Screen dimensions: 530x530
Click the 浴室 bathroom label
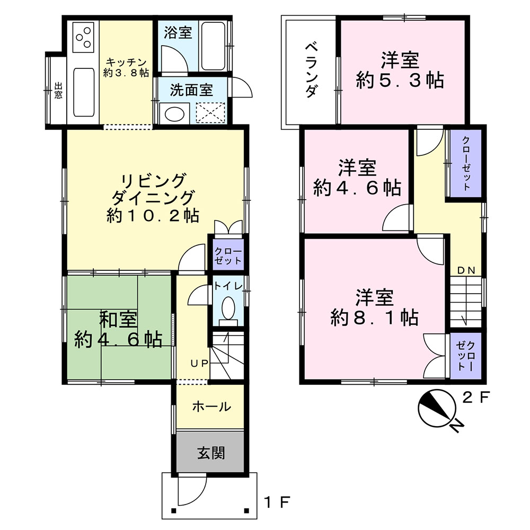pos(178,32)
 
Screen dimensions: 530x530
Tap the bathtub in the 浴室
pos(213,46)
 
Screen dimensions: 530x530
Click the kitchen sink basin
pos(84,92)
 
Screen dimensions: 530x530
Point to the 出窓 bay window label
pos(58,91)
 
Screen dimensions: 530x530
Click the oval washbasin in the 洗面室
pos(174,114)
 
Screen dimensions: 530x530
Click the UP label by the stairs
pos(199,364)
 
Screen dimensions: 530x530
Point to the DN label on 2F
pos(466,270)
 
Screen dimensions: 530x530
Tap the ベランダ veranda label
pos(311,70)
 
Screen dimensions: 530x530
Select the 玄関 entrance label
pos(211,453)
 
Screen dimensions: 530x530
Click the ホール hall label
pos(211,407)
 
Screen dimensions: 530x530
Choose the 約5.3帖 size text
pos(400,81)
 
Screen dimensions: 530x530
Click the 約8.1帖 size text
pos(375,317)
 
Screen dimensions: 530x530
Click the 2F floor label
pos(476,397)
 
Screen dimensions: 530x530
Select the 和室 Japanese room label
pos(118,320)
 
